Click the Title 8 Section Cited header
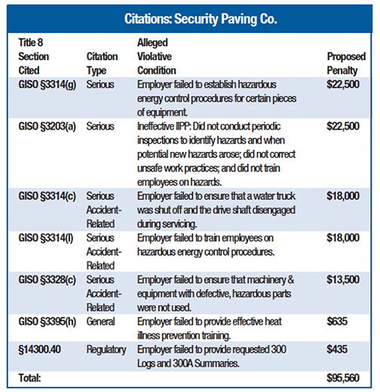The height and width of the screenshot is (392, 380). point(37,56)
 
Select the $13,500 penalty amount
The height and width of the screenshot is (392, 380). point(344,281)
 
